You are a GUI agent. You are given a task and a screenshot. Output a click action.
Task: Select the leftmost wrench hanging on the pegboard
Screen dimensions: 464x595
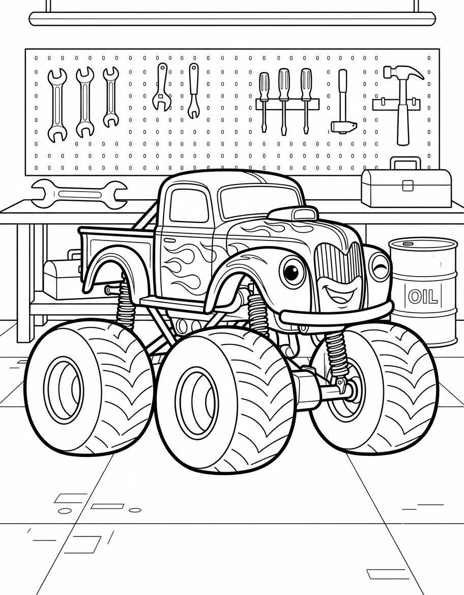(x=57, y=105)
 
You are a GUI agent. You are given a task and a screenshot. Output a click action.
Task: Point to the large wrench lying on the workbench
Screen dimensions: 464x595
(x=79, y=194)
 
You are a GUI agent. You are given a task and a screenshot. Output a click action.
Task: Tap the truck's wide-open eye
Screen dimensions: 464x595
(x=292, y=271)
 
